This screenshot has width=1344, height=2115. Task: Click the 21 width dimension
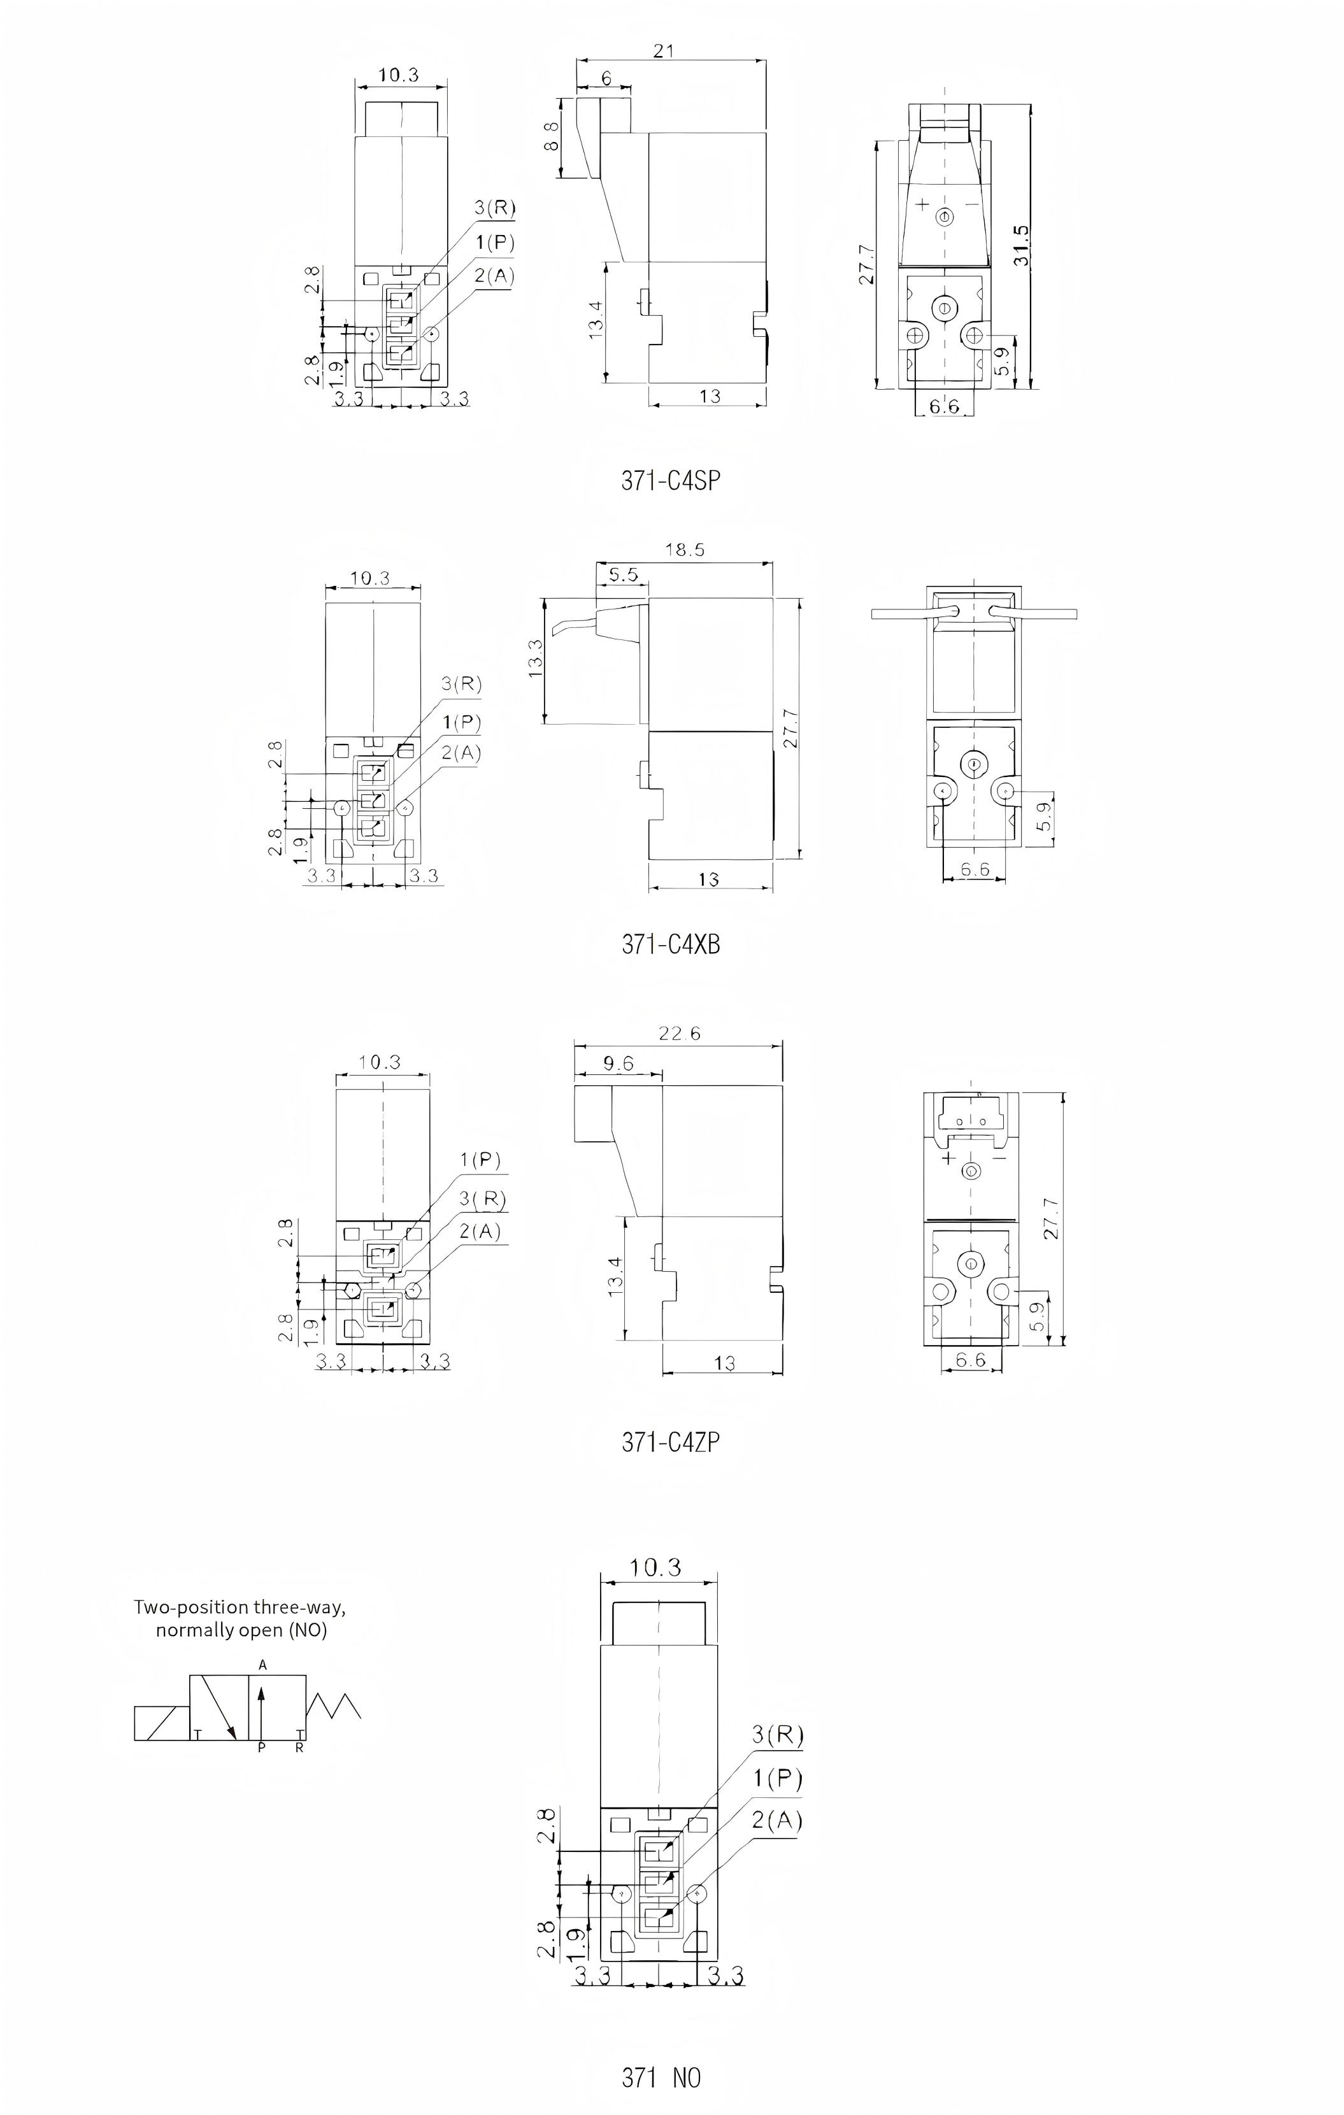(664, 51)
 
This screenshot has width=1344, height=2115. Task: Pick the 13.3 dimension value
(536, 658)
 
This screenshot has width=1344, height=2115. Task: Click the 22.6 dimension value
(679, 1034)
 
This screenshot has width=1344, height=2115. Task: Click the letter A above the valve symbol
(262, 1664)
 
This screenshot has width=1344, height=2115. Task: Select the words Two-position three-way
(239, 1607)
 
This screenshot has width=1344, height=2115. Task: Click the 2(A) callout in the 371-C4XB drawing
(461, 753)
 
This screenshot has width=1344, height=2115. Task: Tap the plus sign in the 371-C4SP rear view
(922, 204)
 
